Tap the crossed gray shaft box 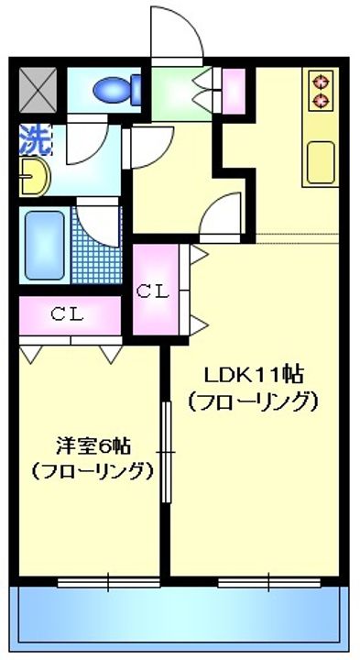(x=38, y=91)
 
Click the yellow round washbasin (x=34, y=177)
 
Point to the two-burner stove (x=322, y=90)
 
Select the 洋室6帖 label (x=93, y=446)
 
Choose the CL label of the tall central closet (x=154, y=291)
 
